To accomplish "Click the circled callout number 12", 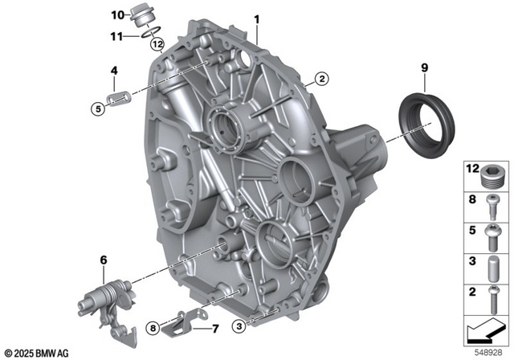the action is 157,43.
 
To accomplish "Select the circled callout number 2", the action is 321,79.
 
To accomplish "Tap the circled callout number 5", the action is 98,108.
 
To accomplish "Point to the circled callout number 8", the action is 153,328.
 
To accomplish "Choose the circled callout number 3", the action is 239,326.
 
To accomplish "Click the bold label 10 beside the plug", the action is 118,15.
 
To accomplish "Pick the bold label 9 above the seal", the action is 425,67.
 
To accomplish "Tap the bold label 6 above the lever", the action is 104,260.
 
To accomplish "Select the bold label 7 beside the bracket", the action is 215,329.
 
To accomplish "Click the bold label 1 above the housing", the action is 257,19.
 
